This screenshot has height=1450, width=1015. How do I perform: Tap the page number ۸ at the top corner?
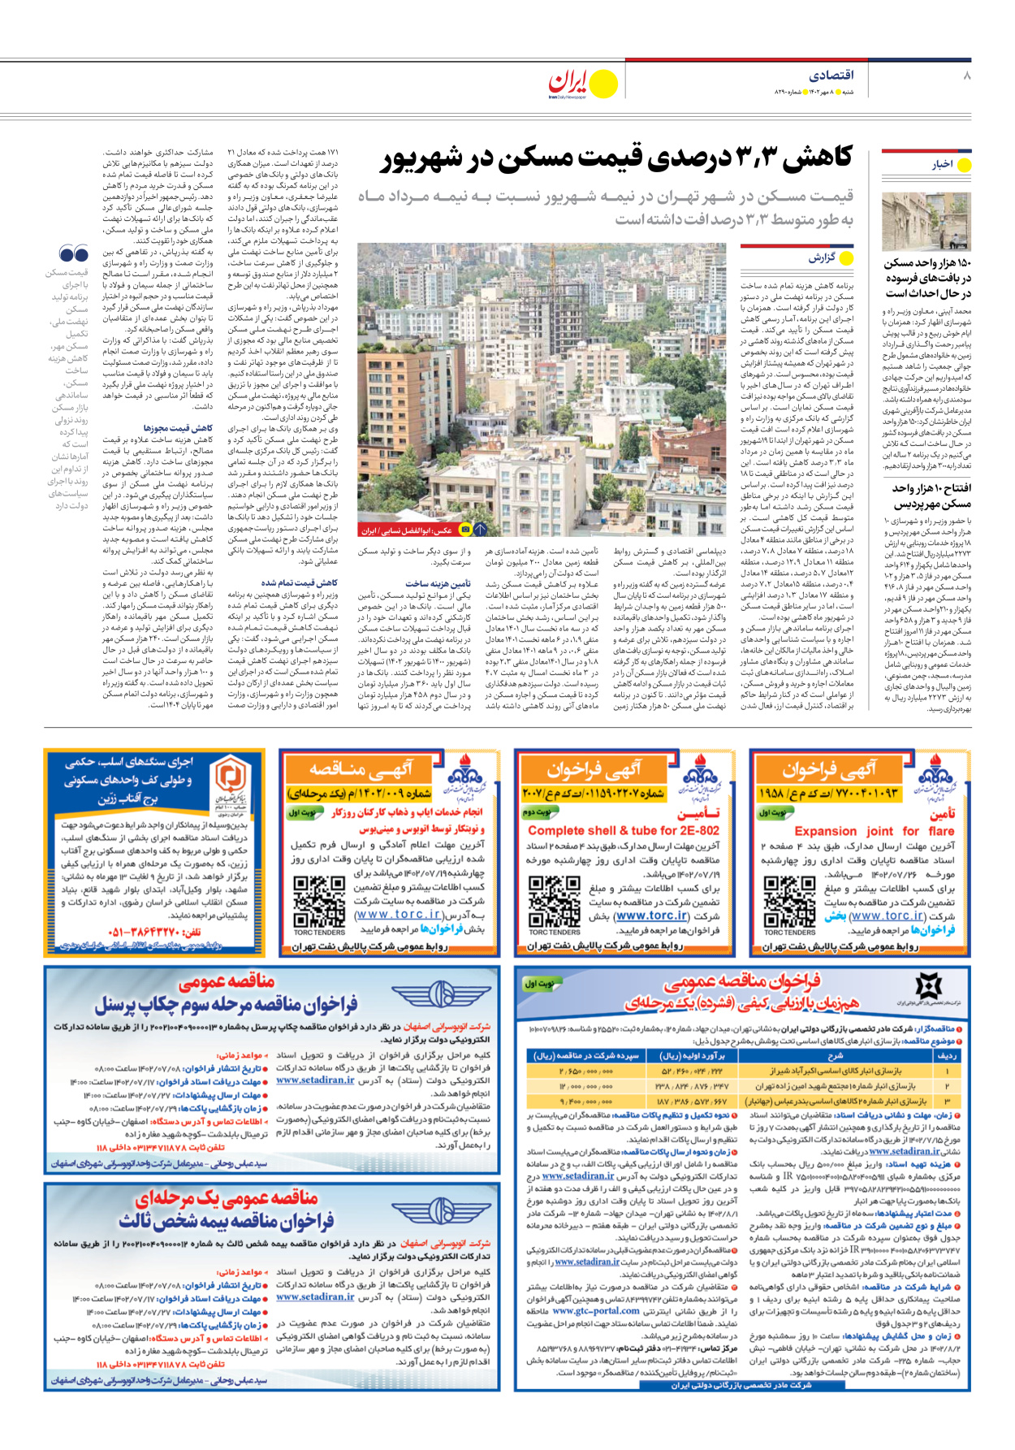tap(966, 76)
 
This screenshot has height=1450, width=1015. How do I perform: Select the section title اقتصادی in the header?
tap(831, 76)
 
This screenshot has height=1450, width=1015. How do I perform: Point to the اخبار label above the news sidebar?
tap(942, 165)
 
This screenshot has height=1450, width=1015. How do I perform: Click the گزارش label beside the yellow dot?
tap(822, 258)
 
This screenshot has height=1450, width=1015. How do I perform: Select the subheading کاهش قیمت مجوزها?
tap(178, 427)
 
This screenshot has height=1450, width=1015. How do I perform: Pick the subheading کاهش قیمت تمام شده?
tap(299, 583)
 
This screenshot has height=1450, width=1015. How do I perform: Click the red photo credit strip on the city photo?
tap(406, 530)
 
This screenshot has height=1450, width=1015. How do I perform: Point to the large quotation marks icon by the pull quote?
tap(74, 253)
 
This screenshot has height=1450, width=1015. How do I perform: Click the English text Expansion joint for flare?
tap(862, 831)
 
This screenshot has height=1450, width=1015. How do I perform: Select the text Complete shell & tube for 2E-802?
tap(624, 830)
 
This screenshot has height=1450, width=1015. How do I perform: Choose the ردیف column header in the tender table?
tap(947, 1056)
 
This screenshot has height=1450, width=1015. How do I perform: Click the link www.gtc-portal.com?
tap(595, 1311)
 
